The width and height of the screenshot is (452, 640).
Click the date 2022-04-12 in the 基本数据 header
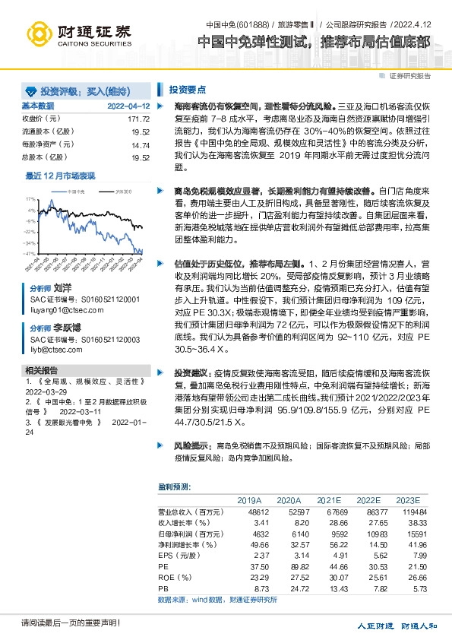[x=128, y=106]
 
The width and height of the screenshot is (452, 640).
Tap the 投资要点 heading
[x=188, y=87]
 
